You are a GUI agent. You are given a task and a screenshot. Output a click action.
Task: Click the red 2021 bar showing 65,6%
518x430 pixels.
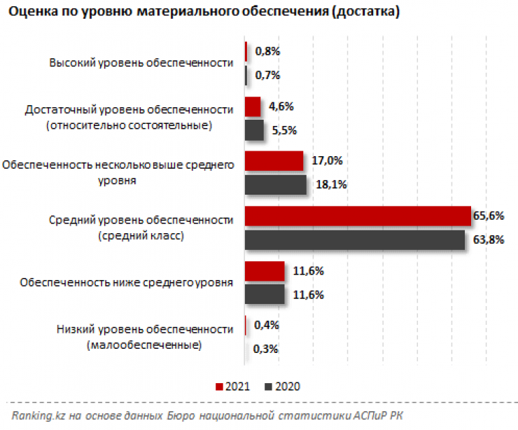pos(357,216)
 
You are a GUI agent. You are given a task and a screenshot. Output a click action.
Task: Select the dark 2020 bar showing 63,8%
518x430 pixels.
pos(354,240)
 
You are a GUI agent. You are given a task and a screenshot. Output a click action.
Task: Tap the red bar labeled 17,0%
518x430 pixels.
pos(274,161)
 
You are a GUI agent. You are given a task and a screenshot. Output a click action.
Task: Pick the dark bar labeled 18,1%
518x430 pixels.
pos(275,185)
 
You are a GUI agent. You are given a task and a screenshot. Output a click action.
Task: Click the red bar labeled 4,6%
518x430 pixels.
pos(252,106)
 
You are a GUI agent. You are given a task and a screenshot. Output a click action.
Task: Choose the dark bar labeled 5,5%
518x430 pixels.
pos(254,130)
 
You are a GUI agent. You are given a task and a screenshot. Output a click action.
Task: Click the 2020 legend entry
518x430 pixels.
pos(283,387)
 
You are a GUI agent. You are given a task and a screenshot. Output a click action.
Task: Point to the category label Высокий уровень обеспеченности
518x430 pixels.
pos(141,62)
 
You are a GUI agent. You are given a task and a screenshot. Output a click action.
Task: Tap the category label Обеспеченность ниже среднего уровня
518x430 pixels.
pos(126,282)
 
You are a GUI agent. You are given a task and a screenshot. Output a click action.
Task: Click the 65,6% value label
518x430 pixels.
pos(489,216)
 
